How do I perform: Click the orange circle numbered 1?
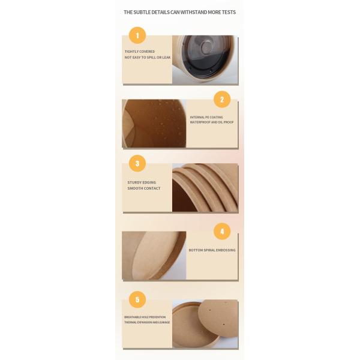(137, 35)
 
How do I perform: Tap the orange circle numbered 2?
(222, 100)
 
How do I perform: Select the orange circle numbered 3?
(137, 163)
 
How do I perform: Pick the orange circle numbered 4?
(222, 232)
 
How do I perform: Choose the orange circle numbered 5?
(137, 299)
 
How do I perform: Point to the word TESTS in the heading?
(229, 12)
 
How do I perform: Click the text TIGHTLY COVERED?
(140, 52)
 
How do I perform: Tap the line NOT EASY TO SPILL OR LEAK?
(148, 58)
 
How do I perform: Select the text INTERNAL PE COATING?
(206, 117)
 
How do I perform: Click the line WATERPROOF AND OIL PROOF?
(212, 122)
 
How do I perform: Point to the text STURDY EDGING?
(142, 182)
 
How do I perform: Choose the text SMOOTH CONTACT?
(144, 188)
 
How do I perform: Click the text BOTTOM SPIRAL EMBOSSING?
(212, 250)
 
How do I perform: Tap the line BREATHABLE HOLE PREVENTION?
(145, 317)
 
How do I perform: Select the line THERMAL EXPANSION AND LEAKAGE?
(147, 322)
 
